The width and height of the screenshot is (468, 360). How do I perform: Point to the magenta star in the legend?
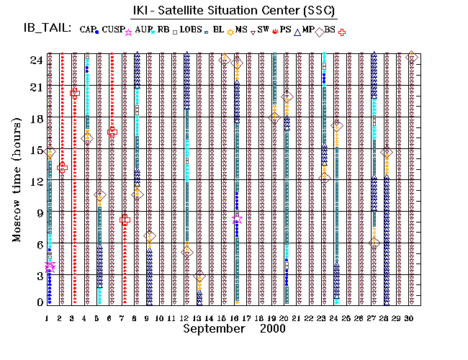(129, 32)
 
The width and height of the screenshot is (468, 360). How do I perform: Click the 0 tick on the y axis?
(38, 302)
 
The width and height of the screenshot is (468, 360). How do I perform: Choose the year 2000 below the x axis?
(271, 328)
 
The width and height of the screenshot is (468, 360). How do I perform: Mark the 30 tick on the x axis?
(411, 318)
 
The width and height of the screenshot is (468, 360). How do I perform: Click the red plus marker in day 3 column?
(74, 92)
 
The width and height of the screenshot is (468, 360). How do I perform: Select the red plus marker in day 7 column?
(125, 220)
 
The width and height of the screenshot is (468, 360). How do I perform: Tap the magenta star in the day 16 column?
(237, 220)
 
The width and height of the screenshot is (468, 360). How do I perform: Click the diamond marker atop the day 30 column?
(411, 57)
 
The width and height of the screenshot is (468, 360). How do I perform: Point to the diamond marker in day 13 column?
(199, 276)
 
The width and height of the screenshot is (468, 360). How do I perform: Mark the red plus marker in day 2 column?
(62, 166)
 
